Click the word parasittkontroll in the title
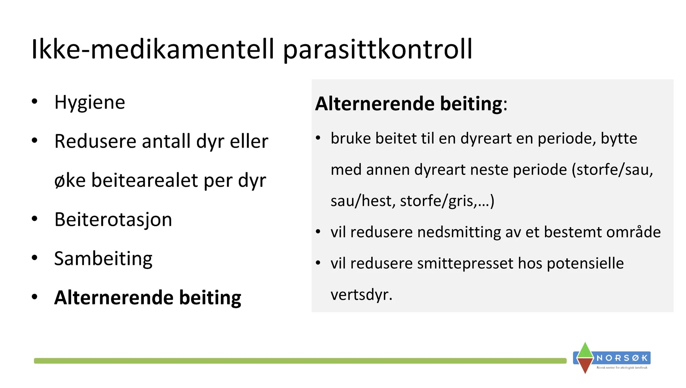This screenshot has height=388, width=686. pyautogui.click(x=377, y=50)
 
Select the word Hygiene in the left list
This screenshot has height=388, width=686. pyautogui.click(x=90, y=102)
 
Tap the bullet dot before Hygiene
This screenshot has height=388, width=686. pyautogui.click(x=34, y=101)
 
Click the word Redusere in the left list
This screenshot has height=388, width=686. pyautogui.click(x=95, y=141)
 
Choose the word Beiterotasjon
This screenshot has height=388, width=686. pyautogui.click(x=113, y=220)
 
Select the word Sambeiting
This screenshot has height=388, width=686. pyautogui.click(x=103, y=259)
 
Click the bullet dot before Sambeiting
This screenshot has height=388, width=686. pyautogui.click(x=34, y=257)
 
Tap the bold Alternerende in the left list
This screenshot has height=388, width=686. pyautogui.click(x=114, y=298)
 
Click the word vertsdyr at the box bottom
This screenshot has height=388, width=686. pyautogui.click(x=361, y=295)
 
